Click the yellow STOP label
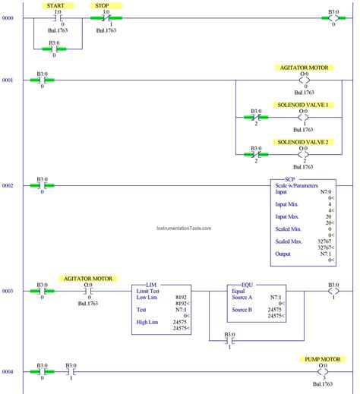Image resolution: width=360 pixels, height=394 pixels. click(x=100, y=5)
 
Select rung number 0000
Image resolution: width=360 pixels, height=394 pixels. click(x=8, y=17)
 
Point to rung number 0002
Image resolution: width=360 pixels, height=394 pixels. click(x=8, y=185)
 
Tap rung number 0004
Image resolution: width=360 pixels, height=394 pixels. click(x=8, y=371)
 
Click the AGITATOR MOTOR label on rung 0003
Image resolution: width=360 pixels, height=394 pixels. click(x=87, y=279)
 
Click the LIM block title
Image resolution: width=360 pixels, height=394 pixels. click(x=151, y=284)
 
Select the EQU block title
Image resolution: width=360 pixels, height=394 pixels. click(x=247, y=284)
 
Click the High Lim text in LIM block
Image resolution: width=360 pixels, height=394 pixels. click(x=147, y=322)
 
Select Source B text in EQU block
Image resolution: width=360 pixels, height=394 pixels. click(x=243, y=310)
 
